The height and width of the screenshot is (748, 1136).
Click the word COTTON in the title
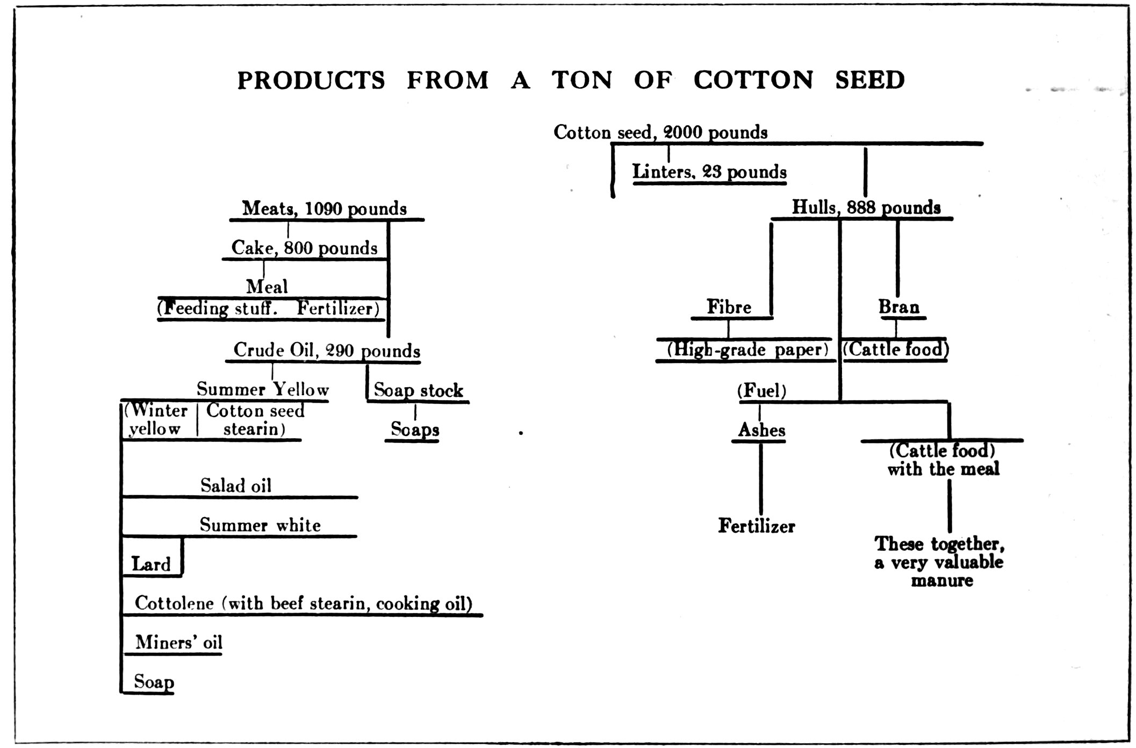(753, 81)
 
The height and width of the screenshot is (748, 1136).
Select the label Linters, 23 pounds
(709, 172)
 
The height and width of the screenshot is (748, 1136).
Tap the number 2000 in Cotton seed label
(682, 132)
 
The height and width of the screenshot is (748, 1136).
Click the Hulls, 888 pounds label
(866, 208)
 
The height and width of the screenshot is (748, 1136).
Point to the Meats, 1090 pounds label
(324, 208)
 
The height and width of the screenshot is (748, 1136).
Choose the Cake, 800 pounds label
(304, 248)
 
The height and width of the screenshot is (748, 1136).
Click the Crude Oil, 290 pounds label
(326, 351)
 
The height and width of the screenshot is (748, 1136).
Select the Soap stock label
(418, 390)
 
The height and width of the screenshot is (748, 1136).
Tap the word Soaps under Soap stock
(415, 430)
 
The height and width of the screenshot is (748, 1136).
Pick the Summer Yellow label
(262, 389)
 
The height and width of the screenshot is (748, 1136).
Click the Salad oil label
(236, 486)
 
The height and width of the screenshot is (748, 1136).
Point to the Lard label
(151, 564)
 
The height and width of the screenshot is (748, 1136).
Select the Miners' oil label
(178, 643)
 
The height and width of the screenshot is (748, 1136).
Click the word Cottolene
(174, 604)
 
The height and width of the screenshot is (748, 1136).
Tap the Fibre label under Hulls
(729, 307)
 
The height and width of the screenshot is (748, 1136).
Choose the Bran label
(898, 307)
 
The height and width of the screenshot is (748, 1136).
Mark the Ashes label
(761, 430)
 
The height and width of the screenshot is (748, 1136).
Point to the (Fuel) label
(761, 391)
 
